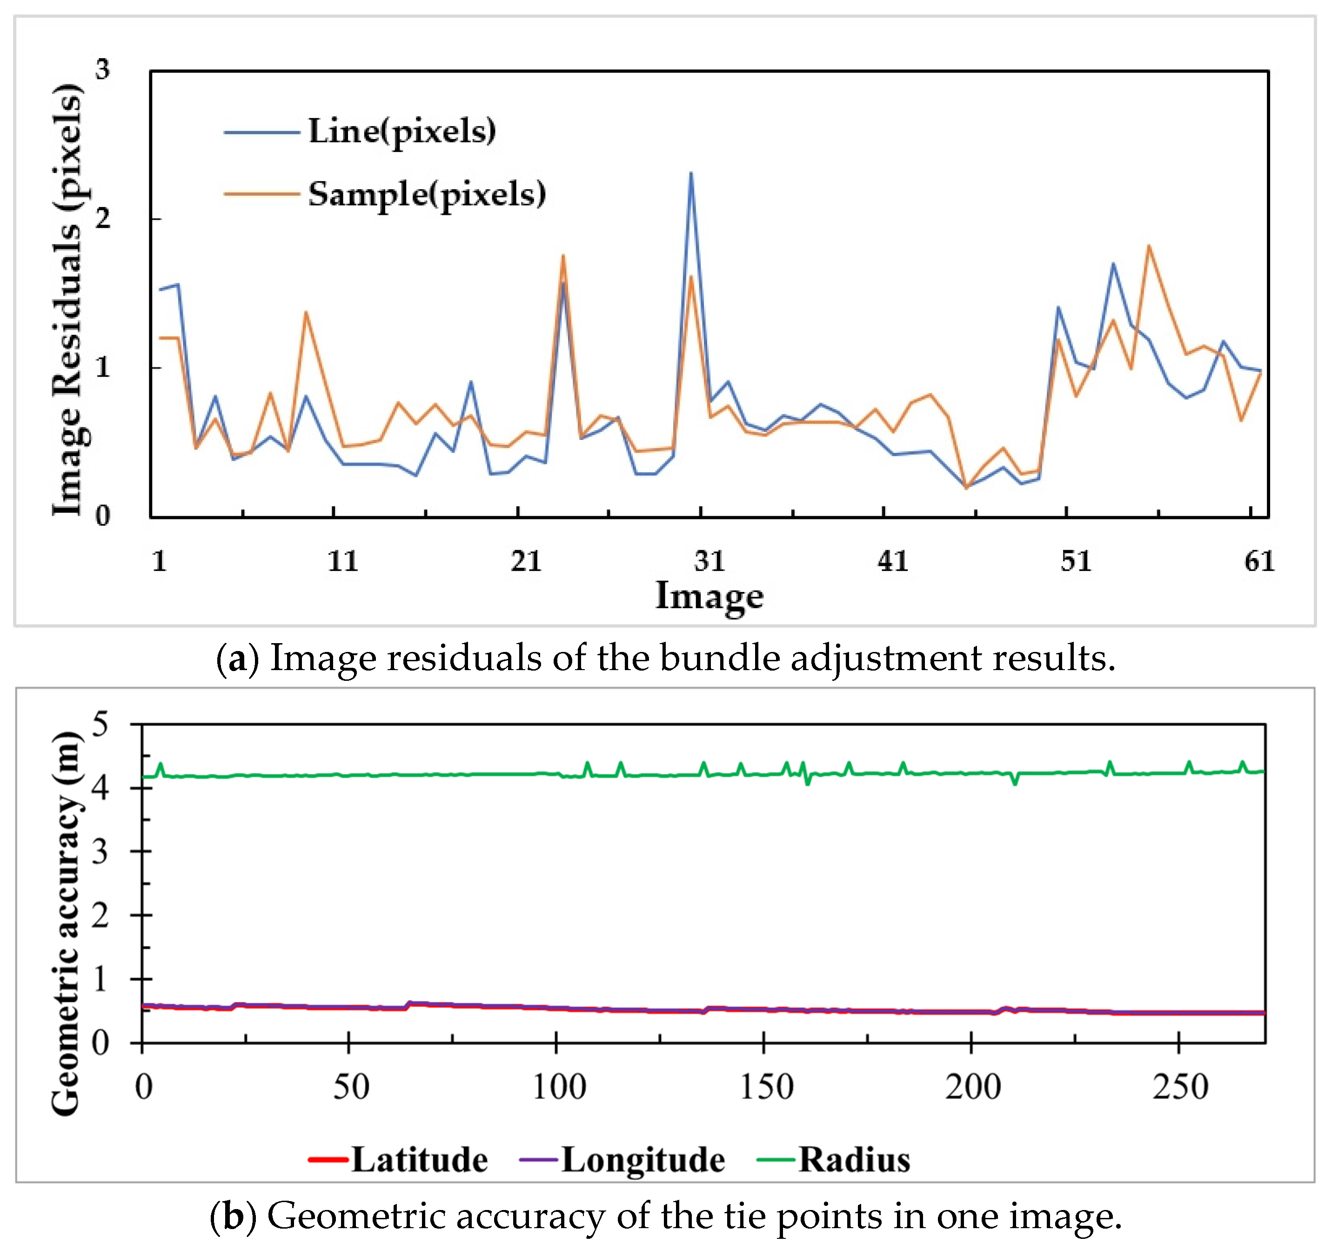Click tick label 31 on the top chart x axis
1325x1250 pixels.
pyautogui.click(x=709, y=561)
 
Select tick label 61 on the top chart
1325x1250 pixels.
pyautogui.click(x=1259, y=561)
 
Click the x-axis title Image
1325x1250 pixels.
pyautogui.click(x=709, y=595)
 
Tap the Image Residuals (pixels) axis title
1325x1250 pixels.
pyautogui.click(x=67, y=300)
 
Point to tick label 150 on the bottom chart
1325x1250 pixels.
pyautogui.click(x=766, y=1087)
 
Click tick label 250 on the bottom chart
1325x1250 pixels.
pyautogui.click(x=1180, y=1087)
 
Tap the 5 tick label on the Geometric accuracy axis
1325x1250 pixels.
pyautogui.click(x=100, y=724)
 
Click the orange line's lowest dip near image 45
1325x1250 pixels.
pyautogui.click(x=966, y=488)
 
